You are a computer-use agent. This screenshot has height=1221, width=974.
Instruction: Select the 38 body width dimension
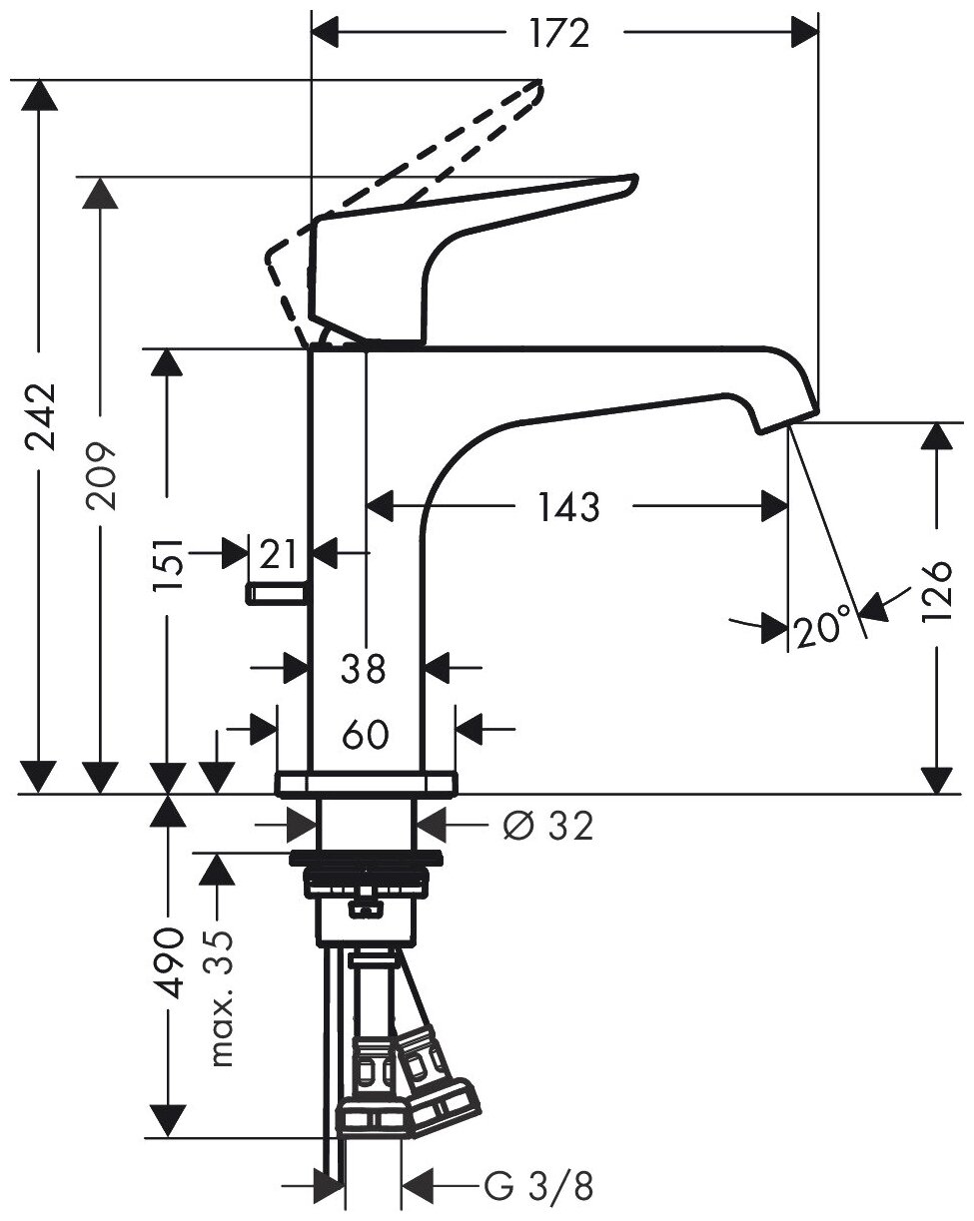364,668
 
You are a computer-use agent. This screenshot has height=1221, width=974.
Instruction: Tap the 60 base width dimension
364,736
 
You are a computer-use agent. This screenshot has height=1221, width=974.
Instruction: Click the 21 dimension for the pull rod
280,551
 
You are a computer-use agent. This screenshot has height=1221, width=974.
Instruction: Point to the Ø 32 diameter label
548,826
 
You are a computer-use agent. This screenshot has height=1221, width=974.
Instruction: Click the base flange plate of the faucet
366,784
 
